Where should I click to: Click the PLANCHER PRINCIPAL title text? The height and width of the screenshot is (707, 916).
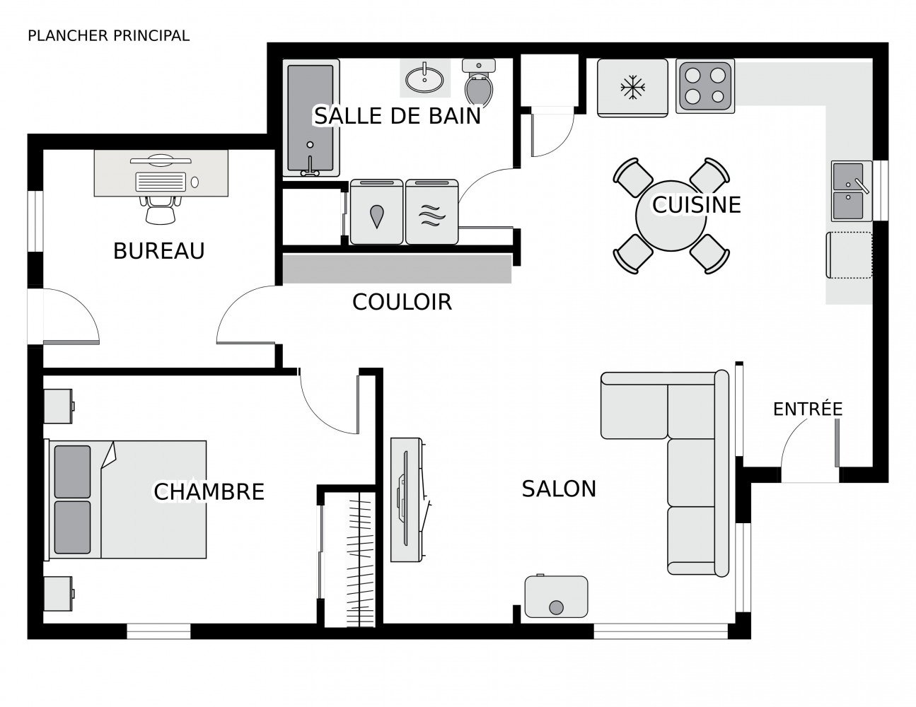[x=108, y=35]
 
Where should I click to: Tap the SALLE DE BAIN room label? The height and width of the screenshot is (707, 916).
[x=398, y=115]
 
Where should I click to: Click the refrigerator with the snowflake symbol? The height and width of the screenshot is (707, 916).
[x=632, y=88]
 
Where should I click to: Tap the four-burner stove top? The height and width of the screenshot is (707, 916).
[x=705, y=86]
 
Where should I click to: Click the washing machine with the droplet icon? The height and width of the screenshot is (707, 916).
[x=377, y=213]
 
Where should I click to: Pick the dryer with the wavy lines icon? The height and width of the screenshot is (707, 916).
[x=432, y=213]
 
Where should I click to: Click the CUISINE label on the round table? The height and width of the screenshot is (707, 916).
[x=696, y=204]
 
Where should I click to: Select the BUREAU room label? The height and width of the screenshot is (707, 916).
[x=158, y=251]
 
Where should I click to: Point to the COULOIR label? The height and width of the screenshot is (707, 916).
[x=402, y=302]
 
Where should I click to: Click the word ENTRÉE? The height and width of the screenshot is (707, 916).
[x=807, y=409]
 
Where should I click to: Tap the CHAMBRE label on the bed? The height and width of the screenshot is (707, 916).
[x=209, y=491]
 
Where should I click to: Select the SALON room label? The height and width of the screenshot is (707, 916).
[x=559, y=489]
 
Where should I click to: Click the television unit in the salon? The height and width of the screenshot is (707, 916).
[x=407, y=499]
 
